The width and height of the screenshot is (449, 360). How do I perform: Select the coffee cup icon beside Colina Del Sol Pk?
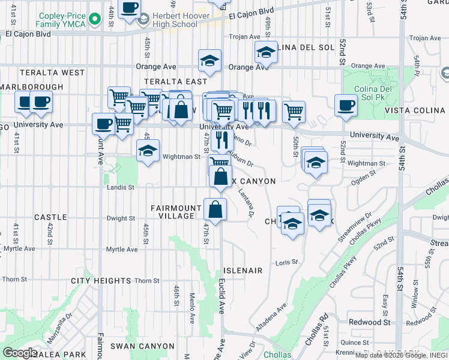[x=346, y=106]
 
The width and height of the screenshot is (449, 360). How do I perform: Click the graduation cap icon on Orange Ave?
[x=210, y=60]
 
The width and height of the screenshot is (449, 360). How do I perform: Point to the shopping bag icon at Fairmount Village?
[x=215, y=209]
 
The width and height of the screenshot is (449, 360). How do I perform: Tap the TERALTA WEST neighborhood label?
[x=52, y=73]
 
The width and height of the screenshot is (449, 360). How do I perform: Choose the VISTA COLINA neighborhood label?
[x=417, y=111]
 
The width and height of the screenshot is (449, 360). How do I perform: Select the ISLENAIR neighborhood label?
[x=243, y=271]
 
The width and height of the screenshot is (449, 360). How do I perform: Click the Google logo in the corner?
[x=20, y=353]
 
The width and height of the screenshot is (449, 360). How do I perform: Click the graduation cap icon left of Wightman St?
[x=148, y=151]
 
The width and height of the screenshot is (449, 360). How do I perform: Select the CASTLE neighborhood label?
[x=50, y=217]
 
